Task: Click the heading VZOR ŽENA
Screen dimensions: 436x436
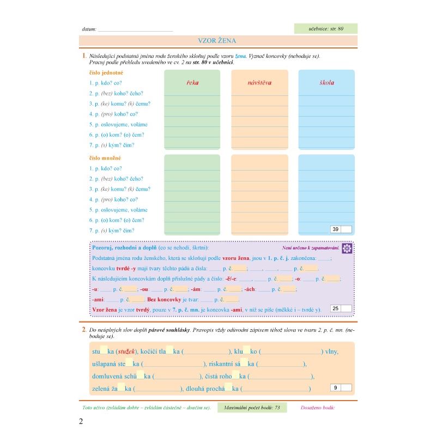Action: click(x=217, y=41)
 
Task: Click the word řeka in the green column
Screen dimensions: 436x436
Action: click(x=192, y=83)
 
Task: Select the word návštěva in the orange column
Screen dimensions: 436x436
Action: click(x=259, y=83)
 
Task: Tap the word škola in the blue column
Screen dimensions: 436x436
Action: click(x=326, y=83)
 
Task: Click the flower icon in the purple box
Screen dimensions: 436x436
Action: click(x=347, y=249)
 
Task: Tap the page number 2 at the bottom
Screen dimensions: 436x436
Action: click(x=81, y=421)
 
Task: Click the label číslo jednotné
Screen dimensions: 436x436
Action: click(x=106, y=72)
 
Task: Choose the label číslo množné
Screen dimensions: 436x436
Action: click(x=105, y=158)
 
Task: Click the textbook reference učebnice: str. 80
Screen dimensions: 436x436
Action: click(x=325, y=29)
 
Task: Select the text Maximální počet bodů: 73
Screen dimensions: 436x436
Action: click(x=251, y=408)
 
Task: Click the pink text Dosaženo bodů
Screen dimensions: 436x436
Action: click(x=318, y=408)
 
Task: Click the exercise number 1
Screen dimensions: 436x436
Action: click(x=84, y=56)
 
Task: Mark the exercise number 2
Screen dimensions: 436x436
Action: click(x=83, y=330)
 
